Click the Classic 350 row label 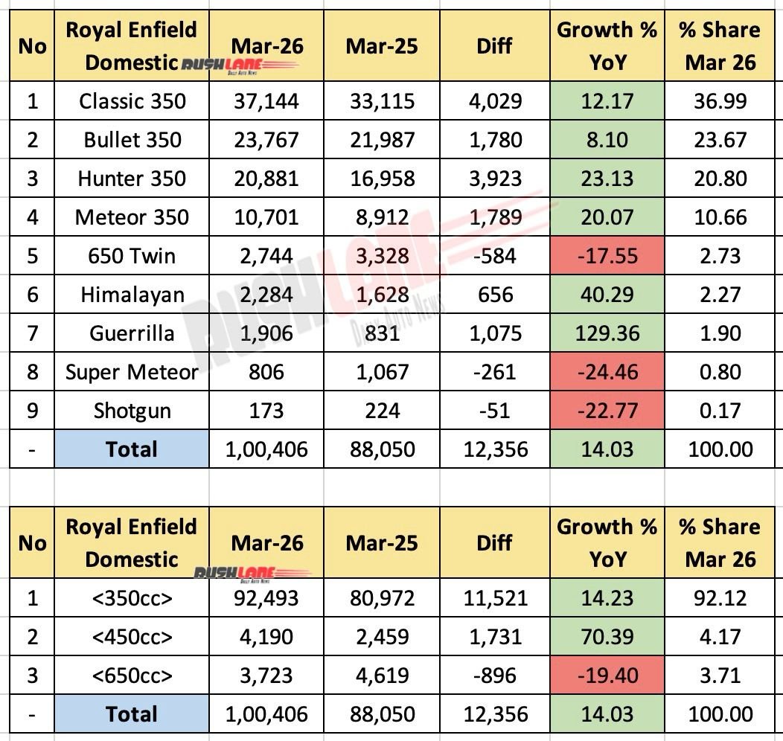pyautogui.click(x=132, y=101)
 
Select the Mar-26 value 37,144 pyautogui.click(x=266, y=101)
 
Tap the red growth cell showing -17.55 pyautogui.click(x=607, y=256)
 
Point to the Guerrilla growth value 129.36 pyautogui.click(x=607, y=333)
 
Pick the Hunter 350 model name pyautogui.click(x=132, y=179)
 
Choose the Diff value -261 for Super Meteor pyautogui.click(x=494, y=372)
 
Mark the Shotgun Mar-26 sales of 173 pyautogui.click(x=266, y=411)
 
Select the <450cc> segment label pyautogui.click(x=132, y=637)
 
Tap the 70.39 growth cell pyautogui.click(x=607, y=637)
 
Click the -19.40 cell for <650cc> pyautogui.click(x=607, y=676)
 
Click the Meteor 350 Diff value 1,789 pyautogui.click(x=494, y=217)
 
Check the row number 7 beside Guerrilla pyautogui.click(x=32, y=333)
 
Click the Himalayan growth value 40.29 pyautogui.click(x=607, y=295)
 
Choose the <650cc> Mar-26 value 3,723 pyautogui.click(x=266, y=676)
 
